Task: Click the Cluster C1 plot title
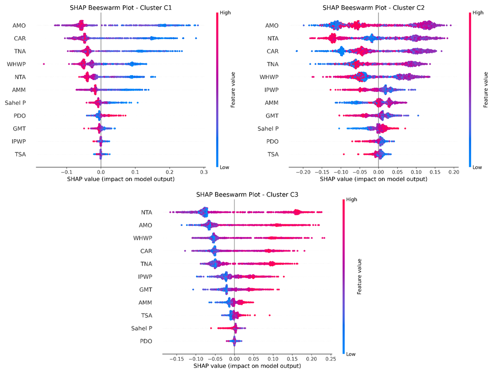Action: [121, 8]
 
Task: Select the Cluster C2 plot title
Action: [373, 8]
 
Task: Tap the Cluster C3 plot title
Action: [247, 194]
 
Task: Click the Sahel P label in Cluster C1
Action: [15, 103]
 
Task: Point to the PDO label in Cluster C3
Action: [146, 341]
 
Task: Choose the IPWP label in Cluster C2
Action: [271, 90]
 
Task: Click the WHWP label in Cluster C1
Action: [16, 64]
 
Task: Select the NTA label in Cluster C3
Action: [146, 212]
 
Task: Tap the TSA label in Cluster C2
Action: [273, 154]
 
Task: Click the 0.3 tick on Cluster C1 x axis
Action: [204, 172]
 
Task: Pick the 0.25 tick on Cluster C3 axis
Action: [331, 359]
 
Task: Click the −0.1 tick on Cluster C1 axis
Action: [66, 172]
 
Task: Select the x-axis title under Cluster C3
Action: [247, 366]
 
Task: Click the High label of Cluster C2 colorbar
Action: [478, 13]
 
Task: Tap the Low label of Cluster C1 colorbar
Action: [224, 167]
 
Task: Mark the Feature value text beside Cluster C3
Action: [359, 277]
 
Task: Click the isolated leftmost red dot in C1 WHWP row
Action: [44, 64]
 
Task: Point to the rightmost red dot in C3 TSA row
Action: [269, 315]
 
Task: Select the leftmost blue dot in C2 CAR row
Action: [297, 51]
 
